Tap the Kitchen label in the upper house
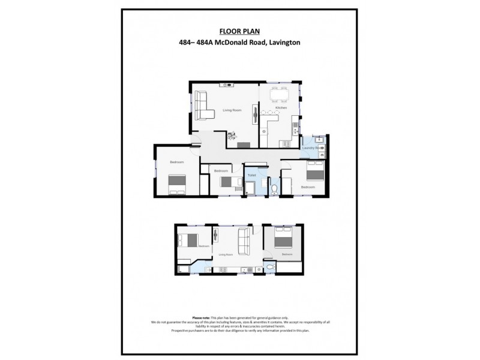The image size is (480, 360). tap(281, 107)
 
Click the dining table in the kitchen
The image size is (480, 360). tap(278, 95)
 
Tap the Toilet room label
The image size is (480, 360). tap(252, 175)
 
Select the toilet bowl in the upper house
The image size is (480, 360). tap(274, 190)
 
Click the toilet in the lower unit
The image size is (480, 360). tap(270, 266)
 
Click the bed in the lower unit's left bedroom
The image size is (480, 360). tap(188, 240)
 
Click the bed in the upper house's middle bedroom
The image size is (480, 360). tap(227, 182)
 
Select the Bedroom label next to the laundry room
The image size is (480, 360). tap(308, 187)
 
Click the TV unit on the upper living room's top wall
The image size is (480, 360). tap(227, 85)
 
